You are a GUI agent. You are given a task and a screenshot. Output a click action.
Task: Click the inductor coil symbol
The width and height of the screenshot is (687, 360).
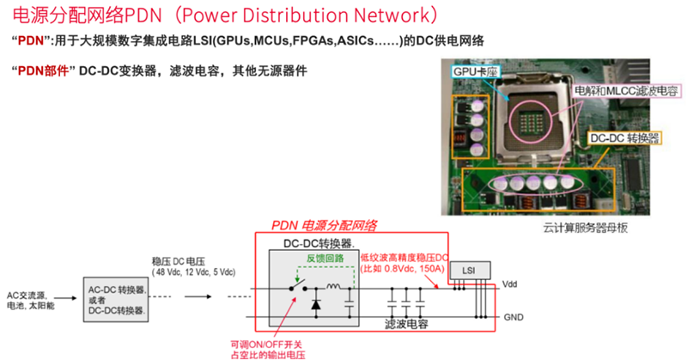coord(333,286)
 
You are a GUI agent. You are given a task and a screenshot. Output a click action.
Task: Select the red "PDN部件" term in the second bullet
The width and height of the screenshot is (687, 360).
coord(42,70)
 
